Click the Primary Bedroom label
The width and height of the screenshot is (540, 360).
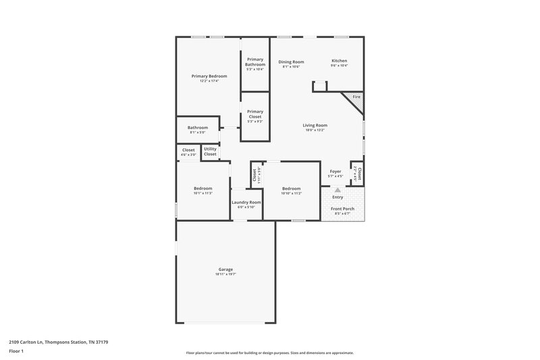coord(209,76)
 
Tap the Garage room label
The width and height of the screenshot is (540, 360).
coord(225,269)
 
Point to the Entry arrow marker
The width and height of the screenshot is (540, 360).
coord(337,190)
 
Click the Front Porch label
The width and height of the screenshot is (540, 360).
coord(342,209)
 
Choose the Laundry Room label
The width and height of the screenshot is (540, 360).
coord(246,202)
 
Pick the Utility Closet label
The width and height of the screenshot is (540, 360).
coord(210,152)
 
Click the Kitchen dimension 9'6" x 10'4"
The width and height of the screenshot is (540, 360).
coord(339,66)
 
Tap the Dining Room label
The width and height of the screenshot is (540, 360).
coord(291,61)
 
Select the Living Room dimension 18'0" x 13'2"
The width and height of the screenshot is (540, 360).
coord(315,130)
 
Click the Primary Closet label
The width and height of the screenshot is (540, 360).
coord(254,114)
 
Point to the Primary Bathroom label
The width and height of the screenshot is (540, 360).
coord(254,62)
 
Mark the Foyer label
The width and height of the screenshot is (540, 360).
coord(335,172)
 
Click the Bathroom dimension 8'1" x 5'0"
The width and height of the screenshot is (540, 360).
coord(198,132)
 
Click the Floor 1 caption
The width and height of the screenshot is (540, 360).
coord(16,352)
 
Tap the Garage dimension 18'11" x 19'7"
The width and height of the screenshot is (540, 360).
coord(225,274)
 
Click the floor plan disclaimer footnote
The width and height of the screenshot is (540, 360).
coord(269,353)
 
